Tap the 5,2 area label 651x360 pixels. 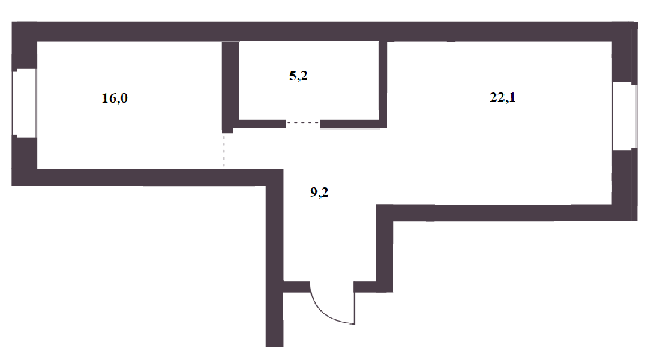tap(298, 76)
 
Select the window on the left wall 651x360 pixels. tap(25, 102)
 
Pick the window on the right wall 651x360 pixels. tap(624, 116)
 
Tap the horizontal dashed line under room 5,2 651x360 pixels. tap(303, 123)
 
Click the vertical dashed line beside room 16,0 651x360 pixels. tap(224, 150)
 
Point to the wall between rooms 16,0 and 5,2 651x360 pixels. tap(227, 84)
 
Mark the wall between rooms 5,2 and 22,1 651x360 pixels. tap(383, 81)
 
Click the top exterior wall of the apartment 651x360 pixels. tap(324, 31)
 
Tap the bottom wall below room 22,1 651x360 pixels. tap(504, 212)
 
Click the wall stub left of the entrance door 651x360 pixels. tap(295, 286)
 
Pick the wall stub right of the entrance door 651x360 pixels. tap(364, 286)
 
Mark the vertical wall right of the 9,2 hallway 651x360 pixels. tap(384, 246)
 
